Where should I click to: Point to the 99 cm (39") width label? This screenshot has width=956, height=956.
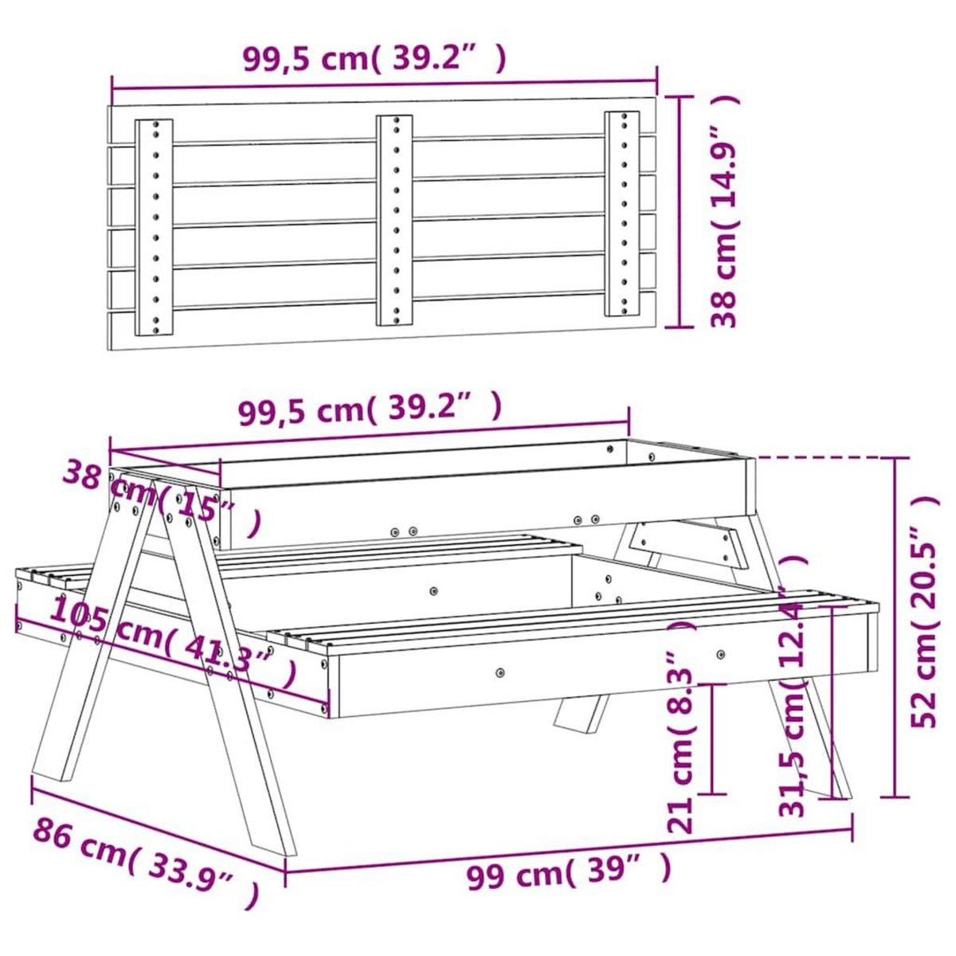coord(568,872)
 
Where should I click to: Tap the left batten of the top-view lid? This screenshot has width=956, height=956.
coord(154,227)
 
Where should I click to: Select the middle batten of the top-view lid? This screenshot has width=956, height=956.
coord(394,220)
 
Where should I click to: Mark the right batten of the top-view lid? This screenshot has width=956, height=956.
coord(621,214)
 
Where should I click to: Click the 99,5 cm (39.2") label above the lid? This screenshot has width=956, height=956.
coord(374,58)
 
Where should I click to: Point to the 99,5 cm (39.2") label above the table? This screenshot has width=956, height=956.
coord(370,409)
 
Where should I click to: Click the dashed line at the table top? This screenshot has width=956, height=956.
coord(821,458)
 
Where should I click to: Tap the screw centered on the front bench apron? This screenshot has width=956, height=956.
coord(500,672)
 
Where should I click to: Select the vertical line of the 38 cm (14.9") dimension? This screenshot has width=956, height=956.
coord(679,211)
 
